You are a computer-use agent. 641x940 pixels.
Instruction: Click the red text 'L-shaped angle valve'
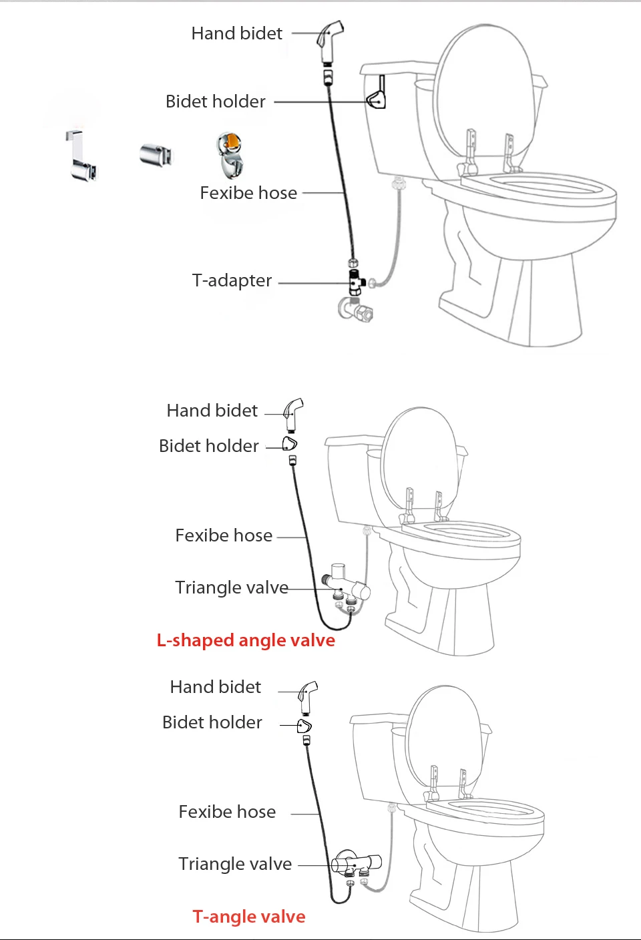click(246, 640)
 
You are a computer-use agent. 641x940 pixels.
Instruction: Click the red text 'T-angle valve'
click(248, 917)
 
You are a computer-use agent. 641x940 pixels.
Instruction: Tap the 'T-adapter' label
click(232, 280)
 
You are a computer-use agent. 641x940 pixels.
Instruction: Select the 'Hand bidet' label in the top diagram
click(236, 33)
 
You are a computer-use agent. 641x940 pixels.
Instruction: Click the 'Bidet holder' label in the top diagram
click(215, 101)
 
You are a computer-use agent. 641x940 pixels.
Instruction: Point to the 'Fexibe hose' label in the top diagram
click(248, 193)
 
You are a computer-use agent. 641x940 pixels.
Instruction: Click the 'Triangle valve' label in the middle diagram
click(231, 587)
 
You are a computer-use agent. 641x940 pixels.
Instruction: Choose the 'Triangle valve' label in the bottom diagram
click(234, 864)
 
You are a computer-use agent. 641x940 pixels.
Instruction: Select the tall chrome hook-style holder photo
click(81, 158)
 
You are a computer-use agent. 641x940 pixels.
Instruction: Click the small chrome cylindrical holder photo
click(156, 155)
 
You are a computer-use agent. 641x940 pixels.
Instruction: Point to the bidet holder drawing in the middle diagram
click(289, 443)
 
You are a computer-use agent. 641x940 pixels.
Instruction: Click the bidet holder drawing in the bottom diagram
click(304, 725)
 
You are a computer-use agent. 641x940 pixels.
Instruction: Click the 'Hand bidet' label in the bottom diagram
click(215, 687)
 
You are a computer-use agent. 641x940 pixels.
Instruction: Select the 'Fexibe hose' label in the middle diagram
click(224, 535)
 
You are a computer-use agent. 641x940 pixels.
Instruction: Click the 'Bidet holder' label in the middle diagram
click(208, 446)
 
